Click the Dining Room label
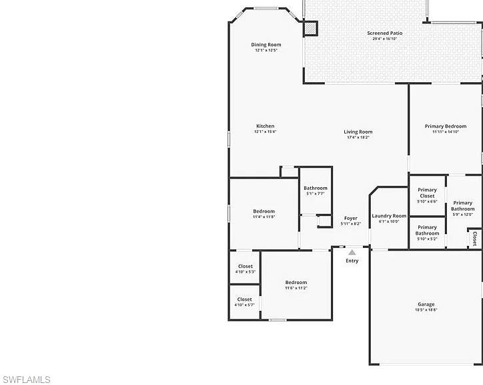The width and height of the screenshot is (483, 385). tap(266, 45)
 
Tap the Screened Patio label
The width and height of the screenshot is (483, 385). tap(384, 33)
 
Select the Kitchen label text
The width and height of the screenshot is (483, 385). tap(265, 126)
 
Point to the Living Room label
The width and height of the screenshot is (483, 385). tap(358, 132)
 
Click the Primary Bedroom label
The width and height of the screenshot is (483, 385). tap(445, 126)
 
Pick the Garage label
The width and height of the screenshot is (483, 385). tap(426, 304)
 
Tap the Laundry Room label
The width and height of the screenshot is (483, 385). tap(389, 216)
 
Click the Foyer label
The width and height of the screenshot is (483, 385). tap(350, 218)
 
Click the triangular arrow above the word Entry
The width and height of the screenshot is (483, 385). tap(352, 253)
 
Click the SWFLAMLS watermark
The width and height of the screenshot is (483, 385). tap(25, 380)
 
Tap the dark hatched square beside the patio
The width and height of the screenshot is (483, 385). tap(311, 28)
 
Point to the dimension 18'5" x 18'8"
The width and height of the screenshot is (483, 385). tap(426, 310)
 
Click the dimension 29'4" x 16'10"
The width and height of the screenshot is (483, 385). tap(384, 39)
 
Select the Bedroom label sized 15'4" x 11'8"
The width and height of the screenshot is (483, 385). tap(264, 211)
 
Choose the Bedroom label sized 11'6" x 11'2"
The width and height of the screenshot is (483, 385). tap(296, 282)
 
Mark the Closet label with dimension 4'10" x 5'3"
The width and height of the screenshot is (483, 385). tap(245, 266)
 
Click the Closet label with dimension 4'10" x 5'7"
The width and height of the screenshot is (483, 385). tap(245, 299)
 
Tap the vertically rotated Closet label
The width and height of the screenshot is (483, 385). tap(474, 238)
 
